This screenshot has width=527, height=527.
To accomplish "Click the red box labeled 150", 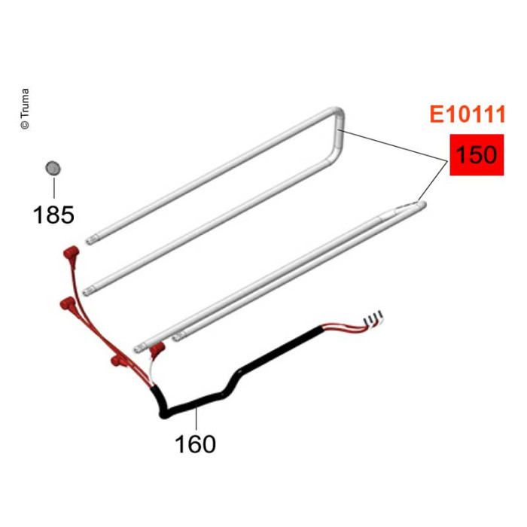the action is tap(477, 155).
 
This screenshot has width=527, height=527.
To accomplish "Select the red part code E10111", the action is tap(468, 114).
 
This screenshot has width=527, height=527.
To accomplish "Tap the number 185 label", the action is tap(53, 215).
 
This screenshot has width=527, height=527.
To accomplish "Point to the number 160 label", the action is tap(195, 444).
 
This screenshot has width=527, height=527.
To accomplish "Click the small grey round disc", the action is tap(53, 168).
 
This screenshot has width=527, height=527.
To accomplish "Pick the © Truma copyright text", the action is tap(25, 109).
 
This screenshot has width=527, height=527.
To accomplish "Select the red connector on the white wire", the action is tap(157, 350).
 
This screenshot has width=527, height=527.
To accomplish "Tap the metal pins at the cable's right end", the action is tap(373, 318).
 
